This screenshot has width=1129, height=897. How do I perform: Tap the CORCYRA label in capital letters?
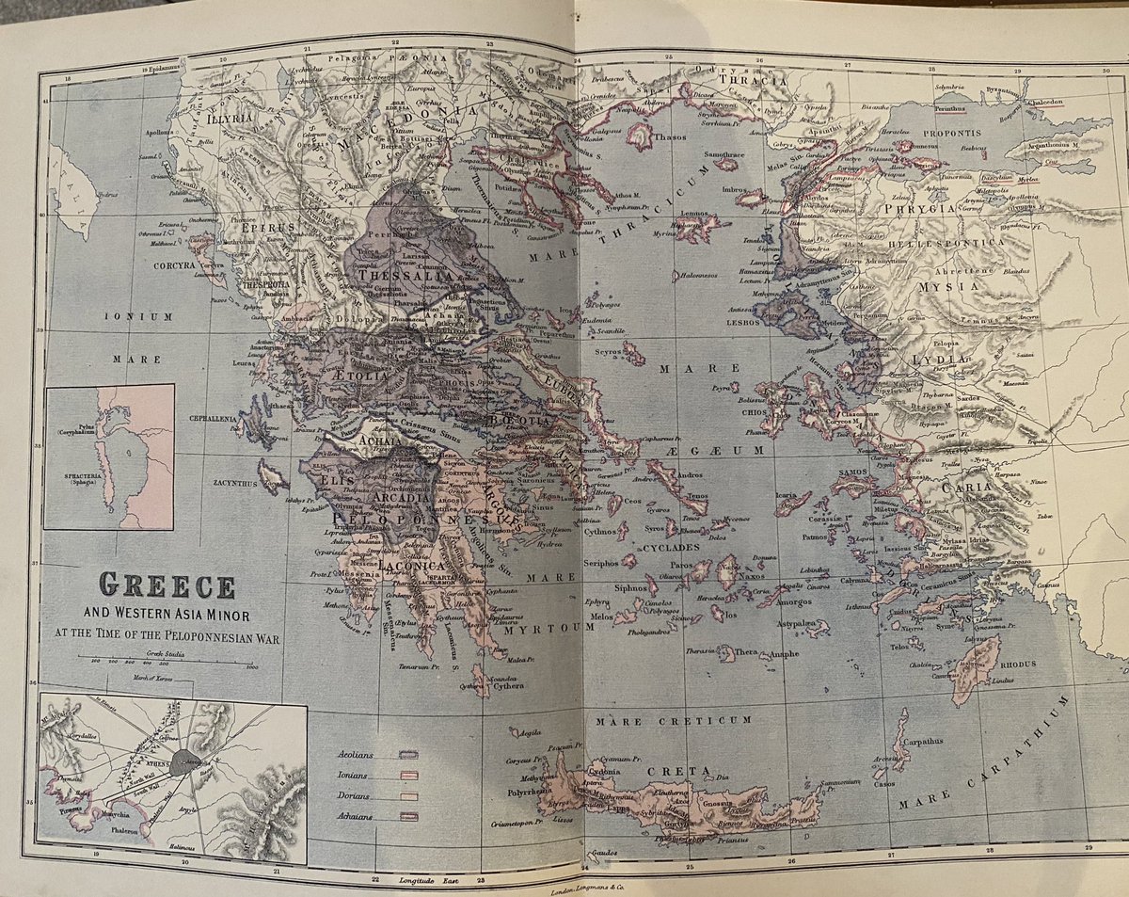pos(174,266)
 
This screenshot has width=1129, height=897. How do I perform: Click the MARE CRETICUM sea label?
pos(672,720)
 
